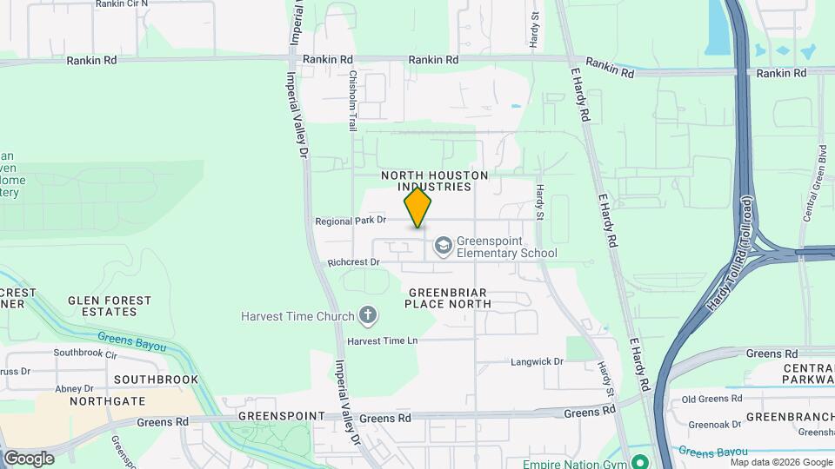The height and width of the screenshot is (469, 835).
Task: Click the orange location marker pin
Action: pyautogui.click(x=417, y=208)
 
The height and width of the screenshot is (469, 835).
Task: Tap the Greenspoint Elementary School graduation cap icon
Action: pyautogui.click(x=443, y=246)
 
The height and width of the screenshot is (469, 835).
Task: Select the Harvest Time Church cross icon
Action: pyautogui.click(x=368, y=315)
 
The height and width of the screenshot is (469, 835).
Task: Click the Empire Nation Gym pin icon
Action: pyautogui.click(x=640, y=461)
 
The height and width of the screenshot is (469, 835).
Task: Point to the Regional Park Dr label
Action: pyautogui.click(x=351, y=221)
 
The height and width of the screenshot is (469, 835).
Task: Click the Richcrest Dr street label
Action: pyautogui.click(x=354, y=261)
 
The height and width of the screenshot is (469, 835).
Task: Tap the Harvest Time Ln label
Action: pyautogui.click(x=383, y=341)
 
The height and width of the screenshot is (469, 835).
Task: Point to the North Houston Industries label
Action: pyautogui.click(x=435, y=181)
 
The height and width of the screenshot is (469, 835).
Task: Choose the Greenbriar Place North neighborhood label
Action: pyautogui.click(x=448, y=298)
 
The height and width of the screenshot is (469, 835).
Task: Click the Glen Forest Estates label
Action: pyautogui.click(x=110, y=305)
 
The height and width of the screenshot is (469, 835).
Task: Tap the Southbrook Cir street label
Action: pyautogui.click(x=85, y=353)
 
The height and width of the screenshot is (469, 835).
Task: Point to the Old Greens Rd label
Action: pyautogui.click(x=711, y=399)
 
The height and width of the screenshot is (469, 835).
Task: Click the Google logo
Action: pyautogui.click(x=29, y=458)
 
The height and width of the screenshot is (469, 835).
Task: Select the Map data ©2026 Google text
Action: pyautogui.click(x=780, y=462)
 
